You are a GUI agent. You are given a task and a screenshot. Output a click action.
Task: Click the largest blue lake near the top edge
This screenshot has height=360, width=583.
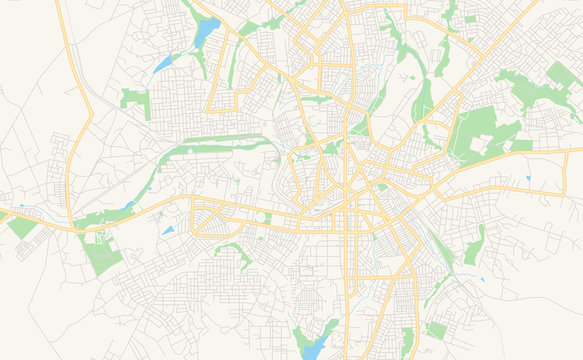pos(207,33)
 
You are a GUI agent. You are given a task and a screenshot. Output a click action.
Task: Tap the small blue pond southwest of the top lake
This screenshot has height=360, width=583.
pos(162,64)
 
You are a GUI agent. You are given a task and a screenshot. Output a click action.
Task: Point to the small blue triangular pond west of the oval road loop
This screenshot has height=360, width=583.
pos(168,231)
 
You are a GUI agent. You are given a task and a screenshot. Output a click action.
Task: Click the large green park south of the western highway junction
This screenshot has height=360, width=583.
pos(101,255)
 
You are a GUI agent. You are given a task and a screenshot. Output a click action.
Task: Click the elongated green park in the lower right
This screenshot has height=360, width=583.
pos(474,246)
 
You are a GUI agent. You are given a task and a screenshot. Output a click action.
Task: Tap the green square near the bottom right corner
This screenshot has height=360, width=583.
pos(436,329)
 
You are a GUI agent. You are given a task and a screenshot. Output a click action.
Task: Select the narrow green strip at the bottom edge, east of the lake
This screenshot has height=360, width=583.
pos(407,340)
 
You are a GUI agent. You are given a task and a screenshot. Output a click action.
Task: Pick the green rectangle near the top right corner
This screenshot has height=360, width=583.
pos(557,76)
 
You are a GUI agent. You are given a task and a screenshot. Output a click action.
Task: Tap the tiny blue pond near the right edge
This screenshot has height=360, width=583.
pos(527,179)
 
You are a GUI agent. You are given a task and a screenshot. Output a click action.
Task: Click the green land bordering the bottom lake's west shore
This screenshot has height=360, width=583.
pos(297,338)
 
